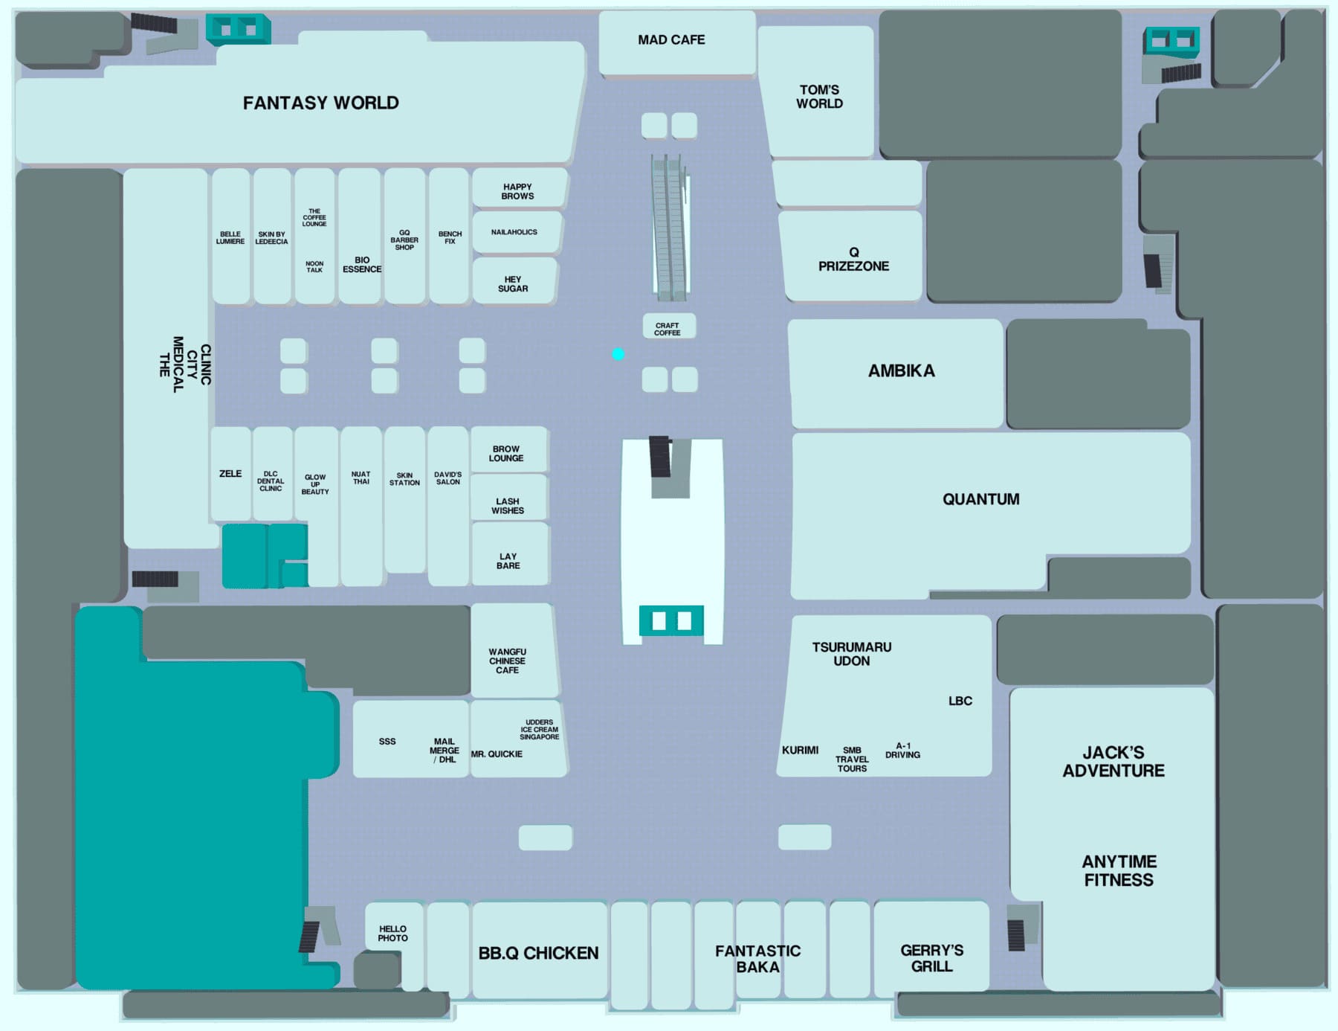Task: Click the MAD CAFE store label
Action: click(x=671, y=40)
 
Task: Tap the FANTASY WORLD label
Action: click(x=320, y=103)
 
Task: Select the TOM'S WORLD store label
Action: click(x=819, y=97)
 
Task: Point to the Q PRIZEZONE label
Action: click(x=853, y=259)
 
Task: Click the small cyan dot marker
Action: click(x=618, y=354)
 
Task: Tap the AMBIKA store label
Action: click(x=901, y=370)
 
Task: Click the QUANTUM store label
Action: click(x=980, y=499)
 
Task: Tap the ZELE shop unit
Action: click(x=230, y=474)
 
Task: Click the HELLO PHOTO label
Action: click(x=392, y=934)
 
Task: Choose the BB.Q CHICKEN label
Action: click(x=538, y=953)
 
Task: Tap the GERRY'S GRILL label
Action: click(x=931, y=958)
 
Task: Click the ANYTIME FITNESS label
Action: click(x=1119, y=870)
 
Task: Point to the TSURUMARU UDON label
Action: click(x=851, y=654)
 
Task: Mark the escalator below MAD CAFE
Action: click(x=670, y=227)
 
